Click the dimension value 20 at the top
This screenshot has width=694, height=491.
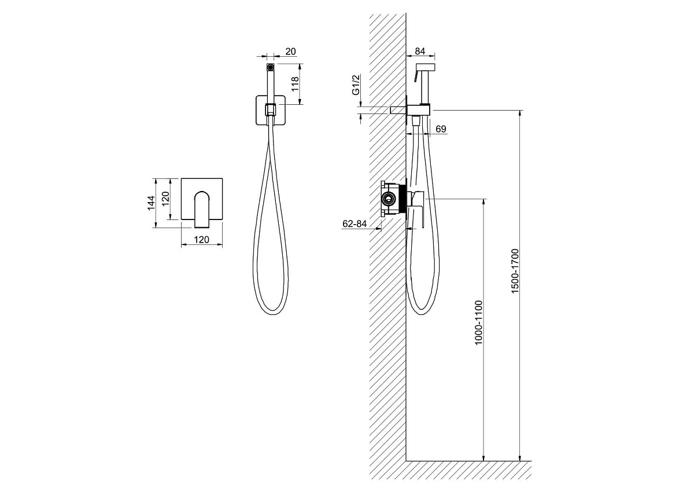pyautogui.click(x=290, y=52)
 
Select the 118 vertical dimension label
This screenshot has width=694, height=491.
pyautogui.click(x=294, y=83)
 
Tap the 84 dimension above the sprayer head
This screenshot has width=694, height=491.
pyautogui.click(x=420, y=51)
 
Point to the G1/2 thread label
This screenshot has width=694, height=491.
pyautogui.click(x=356, y=85)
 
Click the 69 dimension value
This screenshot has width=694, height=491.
pyautogui.click(x=441, y=129)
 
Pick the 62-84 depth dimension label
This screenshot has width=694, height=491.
pyautogui.click(x=355, y=223)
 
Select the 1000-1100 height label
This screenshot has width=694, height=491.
pyautogui.click(x=478, y=323)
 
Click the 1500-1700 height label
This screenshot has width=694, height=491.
pyautogui.click(x=515, y=271)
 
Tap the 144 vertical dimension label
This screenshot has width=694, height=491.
pyautogui.click(x=151, y=203)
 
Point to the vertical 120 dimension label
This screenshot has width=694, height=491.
pyautogui.click(x=165, y=199)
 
